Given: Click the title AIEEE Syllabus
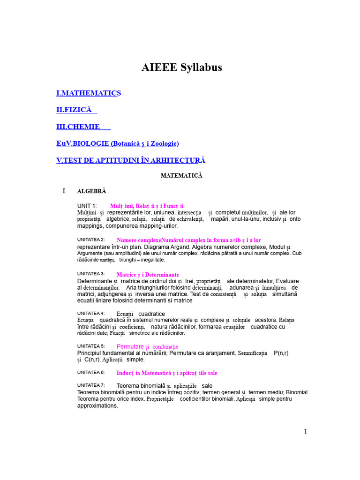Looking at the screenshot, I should (181, 67).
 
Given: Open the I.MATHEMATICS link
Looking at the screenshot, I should (89, 93).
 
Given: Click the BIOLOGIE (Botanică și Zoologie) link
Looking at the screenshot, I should (117, 143).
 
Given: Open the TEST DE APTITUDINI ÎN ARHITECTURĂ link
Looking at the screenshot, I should (131, 160).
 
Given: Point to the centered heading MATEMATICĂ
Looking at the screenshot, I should (181, 175).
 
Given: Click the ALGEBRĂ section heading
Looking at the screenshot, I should (91, 191).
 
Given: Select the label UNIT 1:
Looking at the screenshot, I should (87, 206).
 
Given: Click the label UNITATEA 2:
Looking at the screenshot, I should (91, 240).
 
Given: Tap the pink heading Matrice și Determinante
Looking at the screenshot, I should (148, 274).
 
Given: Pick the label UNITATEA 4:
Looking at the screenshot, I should (91, 313).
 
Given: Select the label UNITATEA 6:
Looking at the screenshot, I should (91, 372).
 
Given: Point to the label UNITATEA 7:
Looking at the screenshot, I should (91, 385).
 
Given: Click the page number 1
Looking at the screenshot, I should (306, 431).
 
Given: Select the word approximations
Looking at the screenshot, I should (97, 406).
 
